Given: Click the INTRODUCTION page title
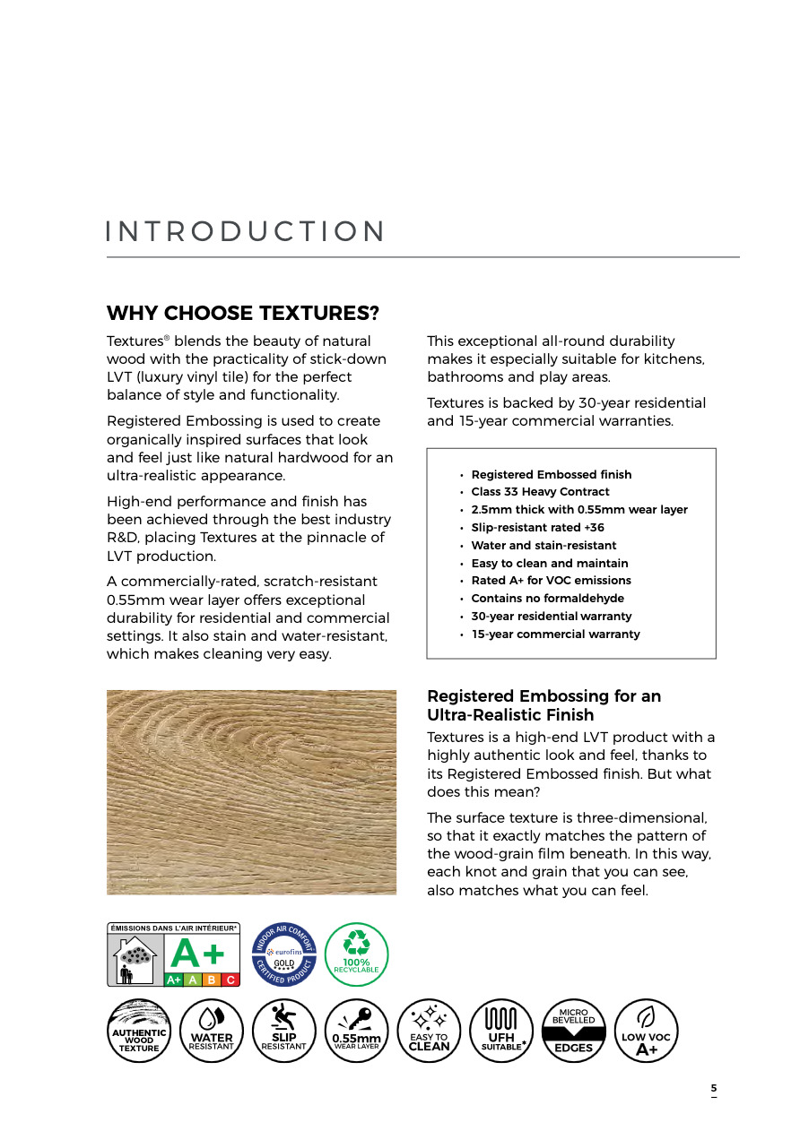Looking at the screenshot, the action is point(245,231).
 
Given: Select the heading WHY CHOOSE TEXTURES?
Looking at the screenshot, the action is point(243,314).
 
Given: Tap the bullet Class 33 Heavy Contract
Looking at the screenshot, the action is point(540,492).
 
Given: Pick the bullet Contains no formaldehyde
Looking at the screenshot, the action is point(547,599).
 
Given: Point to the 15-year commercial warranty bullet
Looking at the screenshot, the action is point(555,635).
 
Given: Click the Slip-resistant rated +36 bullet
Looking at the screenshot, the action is point(537,528).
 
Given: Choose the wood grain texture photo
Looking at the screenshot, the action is point(251,791).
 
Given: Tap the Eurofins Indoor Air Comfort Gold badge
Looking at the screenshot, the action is point(283,955).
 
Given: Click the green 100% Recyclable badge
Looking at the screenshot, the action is point(356,955).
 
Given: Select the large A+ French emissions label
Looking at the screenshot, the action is point(174,955).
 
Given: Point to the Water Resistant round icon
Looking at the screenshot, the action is point(212,1031).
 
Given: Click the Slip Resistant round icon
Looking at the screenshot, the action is point(283,1031).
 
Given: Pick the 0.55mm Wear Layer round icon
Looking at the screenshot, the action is point(356,1031).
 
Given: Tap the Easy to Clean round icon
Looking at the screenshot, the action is point(429,1031).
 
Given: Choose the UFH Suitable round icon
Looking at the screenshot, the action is point(501,1031).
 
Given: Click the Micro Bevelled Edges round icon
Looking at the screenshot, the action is point(574,1031).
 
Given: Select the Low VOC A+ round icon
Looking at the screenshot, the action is point(646,1031).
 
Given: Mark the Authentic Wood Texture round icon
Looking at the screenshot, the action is point(139,1031).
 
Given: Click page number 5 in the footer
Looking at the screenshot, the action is point(714,1089).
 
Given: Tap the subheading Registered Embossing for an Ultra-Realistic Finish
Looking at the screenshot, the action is point(543,705).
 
